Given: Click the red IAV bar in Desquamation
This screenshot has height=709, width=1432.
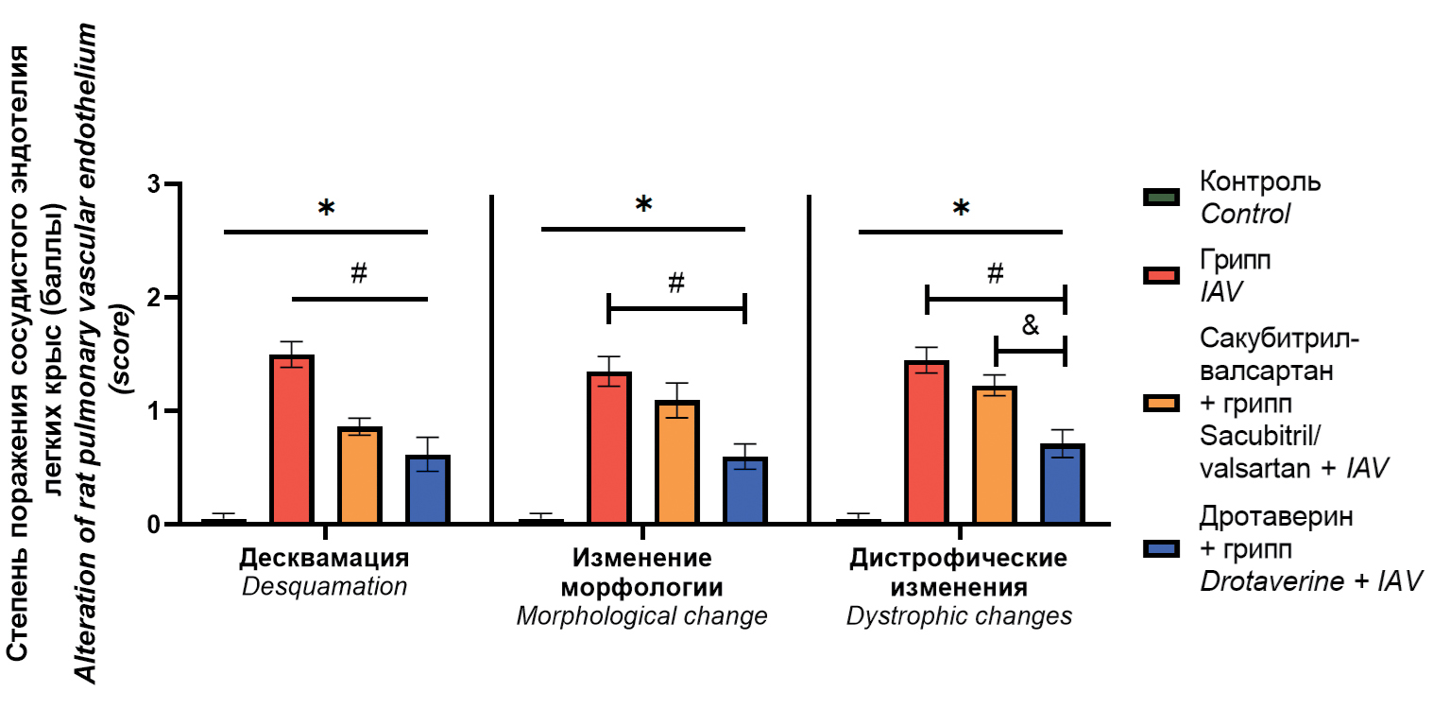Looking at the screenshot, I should click(292, 441).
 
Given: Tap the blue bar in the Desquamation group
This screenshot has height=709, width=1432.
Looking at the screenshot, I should click(428, 490).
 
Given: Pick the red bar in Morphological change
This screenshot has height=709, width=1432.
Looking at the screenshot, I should click(609, 448).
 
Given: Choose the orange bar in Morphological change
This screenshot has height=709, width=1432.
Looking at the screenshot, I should click(677, 462).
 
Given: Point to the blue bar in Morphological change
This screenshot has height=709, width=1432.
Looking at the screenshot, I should click(745, 491).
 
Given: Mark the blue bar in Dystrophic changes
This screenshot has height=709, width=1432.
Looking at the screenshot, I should click(1063, 484).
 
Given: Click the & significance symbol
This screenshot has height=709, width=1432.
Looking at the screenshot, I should click(1030, 326).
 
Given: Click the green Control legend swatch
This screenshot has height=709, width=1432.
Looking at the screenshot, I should click(1160, 197).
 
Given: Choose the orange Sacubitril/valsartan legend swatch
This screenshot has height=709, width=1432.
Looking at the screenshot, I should click(1160, 403).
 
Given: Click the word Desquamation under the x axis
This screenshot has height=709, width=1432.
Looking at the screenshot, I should click(324, 587).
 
